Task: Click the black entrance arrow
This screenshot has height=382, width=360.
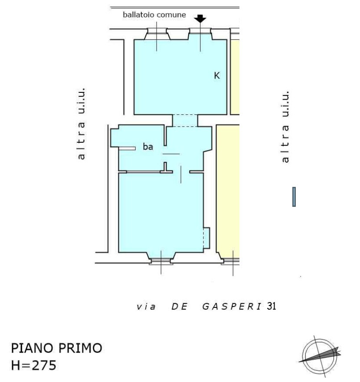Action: click(x=200, y=19)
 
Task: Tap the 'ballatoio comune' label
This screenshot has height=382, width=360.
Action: click(x=154, y=15)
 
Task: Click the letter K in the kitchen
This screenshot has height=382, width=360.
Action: click(x=217, y=76)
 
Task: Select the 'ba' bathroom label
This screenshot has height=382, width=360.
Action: click(x=148, y=147)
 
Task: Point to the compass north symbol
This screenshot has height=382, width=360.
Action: click(x=320, y=356)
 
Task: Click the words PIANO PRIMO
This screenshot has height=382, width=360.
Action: click(x=56, y=348)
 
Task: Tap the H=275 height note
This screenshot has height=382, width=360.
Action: click(x=34, y=366)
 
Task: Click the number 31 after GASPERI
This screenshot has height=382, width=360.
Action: click(x=271, y=306)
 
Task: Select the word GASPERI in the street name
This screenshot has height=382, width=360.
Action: click(x=232, y=307)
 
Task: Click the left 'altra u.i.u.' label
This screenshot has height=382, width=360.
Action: click(x=81, y=124)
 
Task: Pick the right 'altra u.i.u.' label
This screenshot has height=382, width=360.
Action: click(x=285, y=127)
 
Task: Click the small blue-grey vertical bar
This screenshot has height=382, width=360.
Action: click(x=294, y=197)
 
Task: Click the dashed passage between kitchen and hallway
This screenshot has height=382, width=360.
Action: click(x=185, y=121)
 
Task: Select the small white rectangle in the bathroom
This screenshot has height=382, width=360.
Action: click(x=127, y=148)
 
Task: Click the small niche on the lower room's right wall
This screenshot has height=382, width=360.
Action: click(x=206, y=238)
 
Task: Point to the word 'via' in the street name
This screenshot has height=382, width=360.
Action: click(x=146, y=307)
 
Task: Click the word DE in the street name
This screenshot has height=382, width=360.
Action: click(x=180, y=307)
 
